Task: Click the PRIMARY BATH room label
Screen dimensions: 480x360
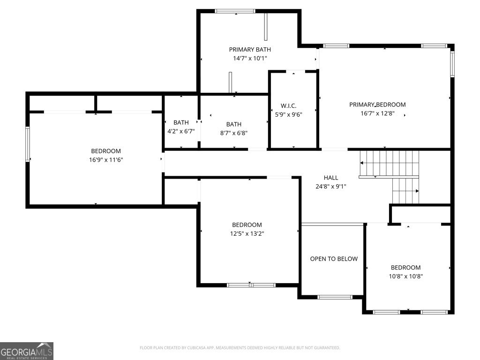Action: (x=250, y=50)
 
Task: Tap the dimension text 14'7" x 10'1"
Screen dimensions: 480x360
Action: (x=250, y=58)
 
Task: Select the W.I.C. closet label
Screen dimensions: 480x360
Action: (x=288, y=106)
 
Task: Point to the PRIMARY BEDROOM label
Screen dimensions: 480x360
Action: (x=377, y=105)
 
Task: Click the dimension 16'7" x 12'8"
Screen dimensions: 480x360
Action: (x=377, y=113)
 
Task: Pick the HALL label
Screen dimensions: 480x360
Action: (x=331, y=178)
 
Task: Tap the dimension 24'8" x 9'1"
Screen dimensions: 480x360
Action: (x=331, y=186)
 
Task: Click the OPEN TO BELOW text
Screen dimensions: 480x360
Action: (x=334, y=259)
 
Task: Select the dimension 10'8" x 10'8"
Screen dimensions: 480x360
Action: (x=405, y=276)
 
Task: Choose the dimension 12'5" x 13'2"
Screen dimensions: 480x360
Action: (x=247, y=233)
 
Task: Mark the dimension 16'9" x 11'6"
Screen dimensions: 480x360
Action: (x=106, y=160)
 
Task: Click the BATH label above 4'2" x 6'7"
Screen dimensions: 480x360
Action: (x=181, y=122)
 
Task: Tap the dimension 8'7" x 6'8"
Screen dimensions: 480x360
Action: (x=233, y=133)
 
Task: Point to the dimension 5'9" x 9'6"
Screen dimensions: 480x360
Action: (x=288, y=114)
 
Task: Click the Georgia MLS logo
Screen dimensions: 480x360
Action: (x=27, y=351)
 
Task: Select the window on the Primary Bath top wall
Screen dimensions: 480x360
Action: (x=235, y=11)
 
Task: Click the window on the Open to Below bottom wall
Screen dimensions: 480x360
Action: (x=335, y=297)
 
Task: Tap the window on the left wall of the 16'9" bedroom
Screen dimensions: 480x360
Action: (x=28, y=144)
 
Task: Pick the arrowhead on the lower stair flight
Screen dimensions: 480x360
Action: (x=417, y=191)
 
